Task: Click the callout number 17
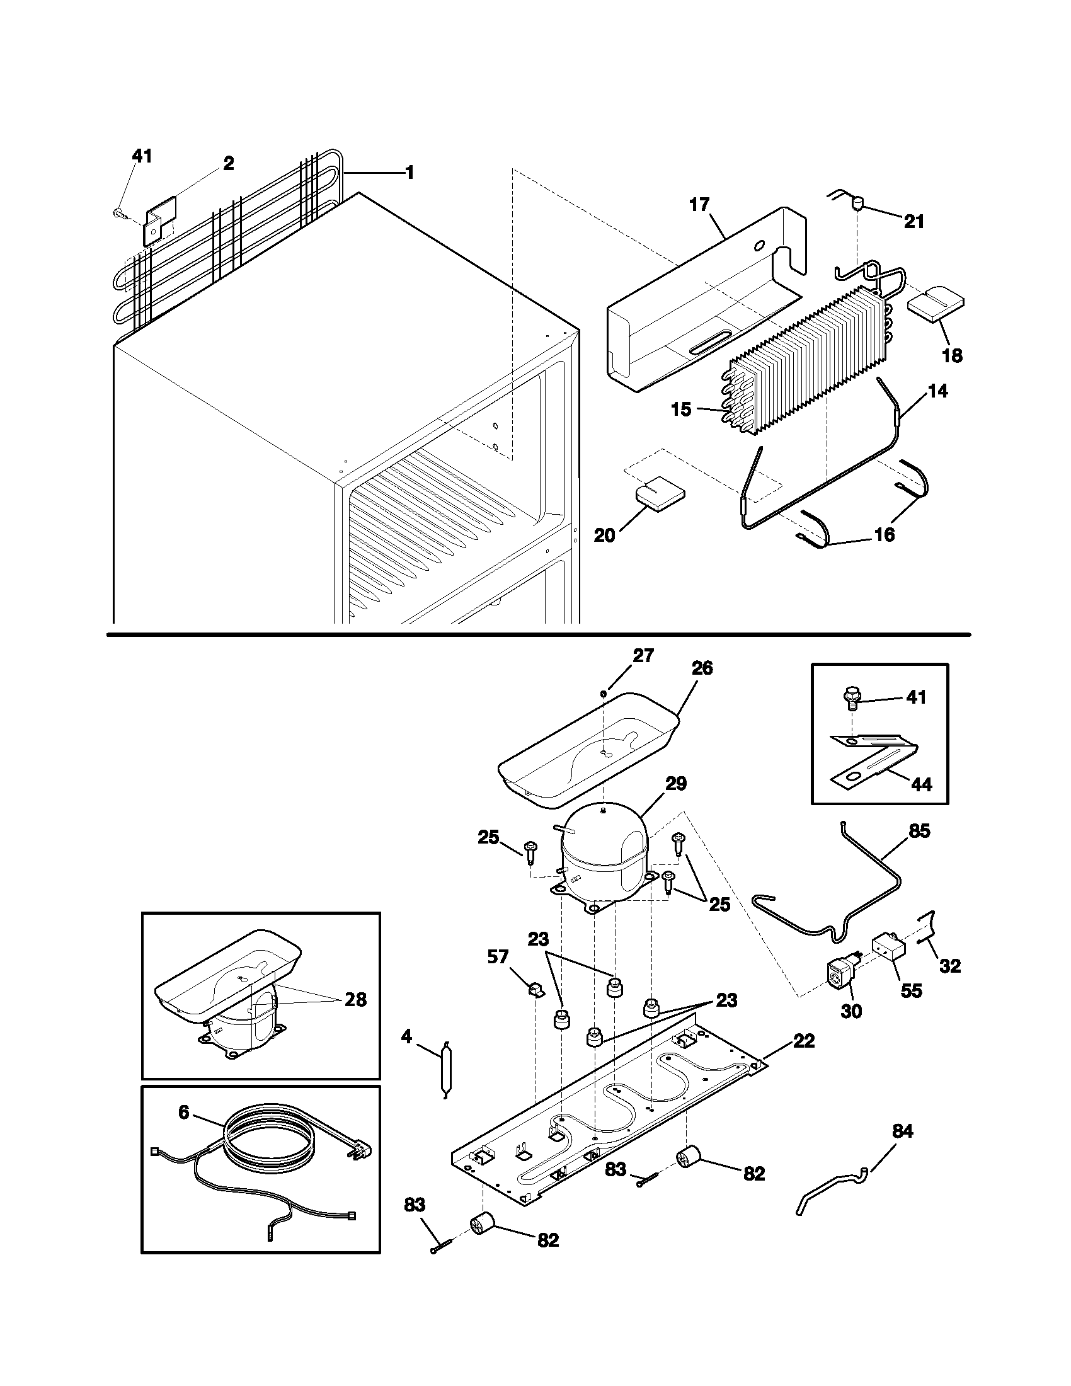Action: pos(700,205)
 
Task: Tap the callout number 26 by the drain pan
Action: pos(702,668)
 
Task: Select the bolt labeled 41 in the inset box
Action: pos(851,699)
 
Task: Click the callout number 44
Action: pos(921,784)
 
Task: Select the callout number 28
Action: pos(355,1000)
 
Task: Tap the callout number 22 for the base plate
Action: pos(803,1041)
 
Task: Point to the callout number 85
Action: pos(919,831)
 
